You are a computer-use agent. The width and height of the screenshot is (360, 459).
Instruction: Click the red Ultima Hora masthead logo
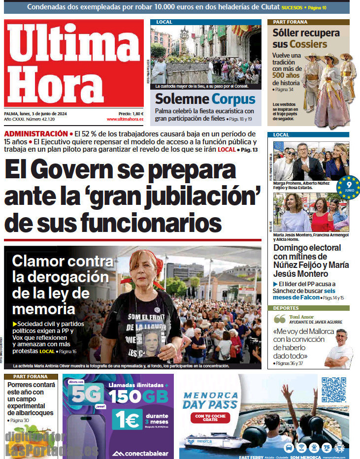74,63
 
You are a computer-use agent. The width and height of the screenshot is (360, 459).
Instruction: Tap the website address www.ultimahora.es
125,119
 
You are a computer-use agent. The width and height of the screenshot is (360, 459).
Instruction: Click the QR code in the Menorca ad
334,390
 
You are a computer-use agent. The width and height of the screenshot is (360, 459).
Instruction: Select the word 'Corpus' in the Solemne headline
233,99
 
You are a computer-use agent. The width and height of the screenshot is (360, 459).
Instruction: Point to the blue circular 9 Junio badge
349,187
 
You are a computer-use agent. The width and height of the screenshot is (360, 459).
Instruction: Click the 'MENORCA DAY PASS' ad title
210,400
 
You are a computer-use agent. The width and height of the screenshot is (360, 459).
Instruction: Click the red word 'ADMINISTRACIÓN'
35,133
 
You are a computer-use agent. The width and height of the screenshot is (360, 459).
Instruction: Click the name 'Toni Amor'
300,317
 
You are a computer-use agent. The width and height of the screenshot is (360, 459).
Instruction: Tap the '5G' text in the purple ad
86,394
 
